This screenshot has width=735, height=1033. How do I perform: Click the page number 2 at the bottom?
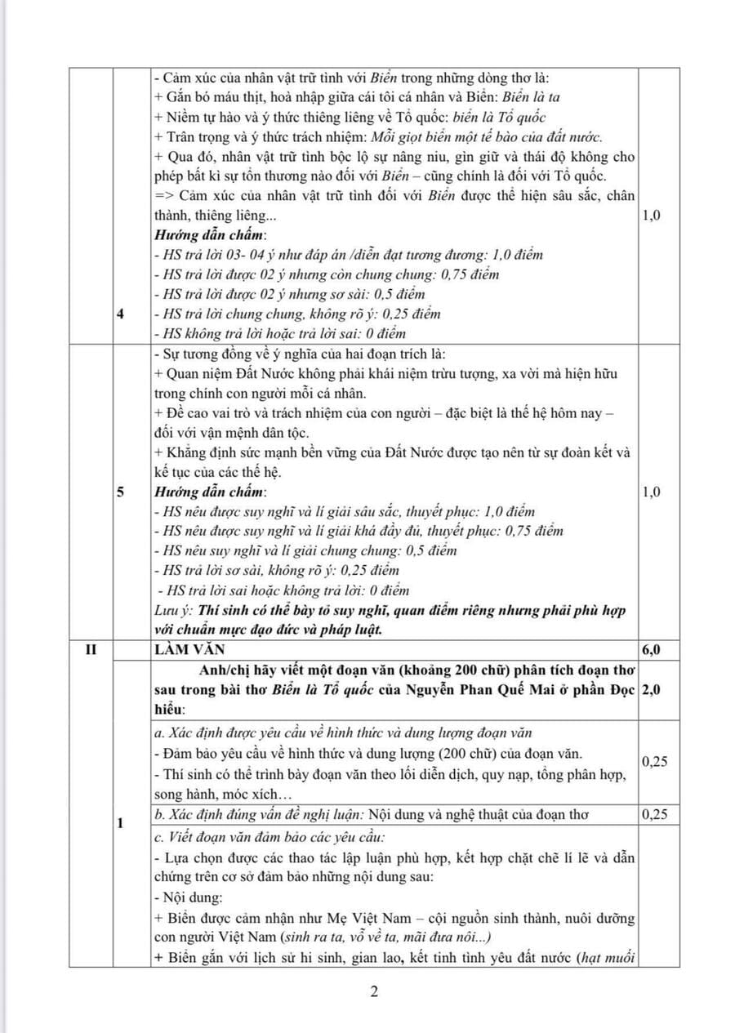tap(374, 993)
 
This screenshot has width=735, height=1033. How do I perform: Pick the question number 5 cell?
tap(120, 492)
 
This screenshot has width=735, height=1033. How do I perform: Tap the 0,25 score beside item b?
tap(654, 813)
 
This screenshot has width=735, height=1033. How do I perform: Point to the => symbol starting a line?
tap(162, 196)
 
